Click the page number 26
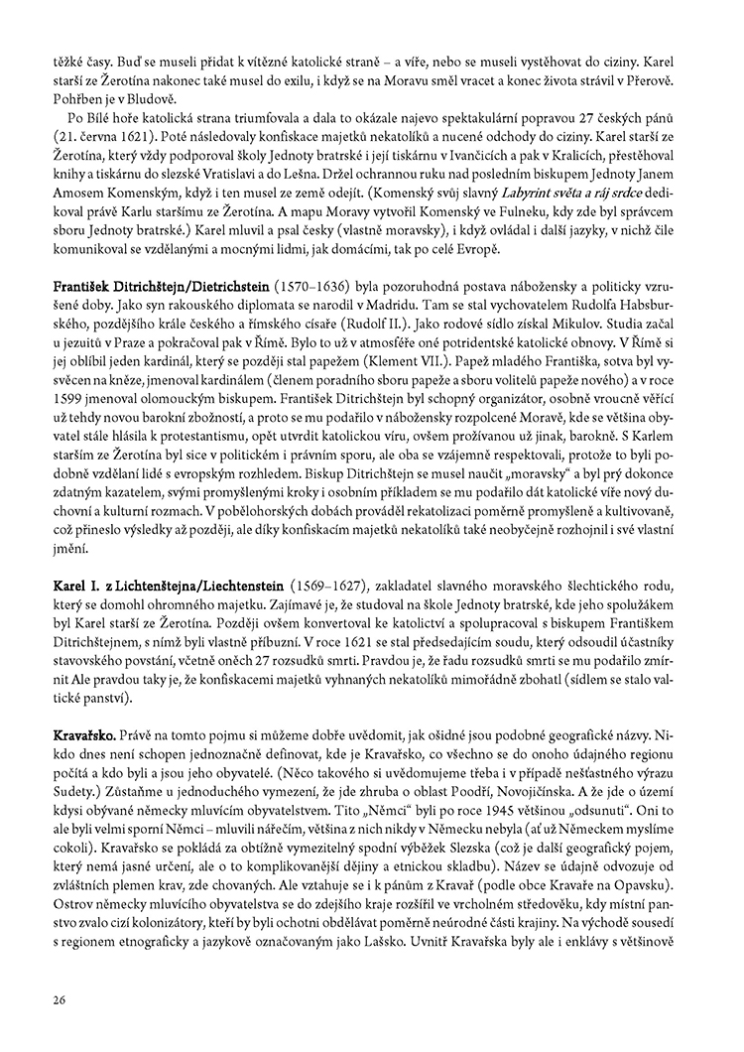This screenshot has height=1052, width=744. click(x=59, y=999)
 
